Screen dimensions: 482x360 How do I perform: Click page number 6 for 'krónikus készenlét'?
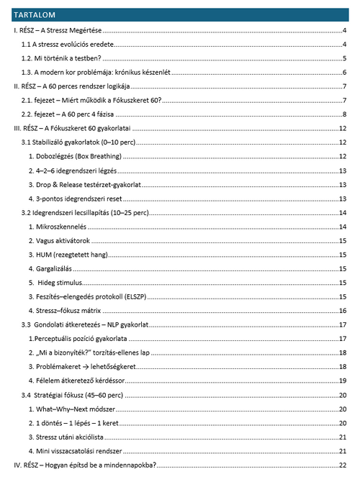point(346,73)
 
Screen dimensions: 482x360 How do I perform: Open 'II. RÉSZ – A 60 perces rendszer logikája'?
point(76,87)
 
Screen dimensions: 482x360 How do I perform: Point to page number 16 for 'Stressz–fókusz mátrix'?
point(344,311)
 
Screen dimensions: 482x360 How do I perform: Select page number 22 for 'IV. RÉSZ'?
point(344,465)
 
